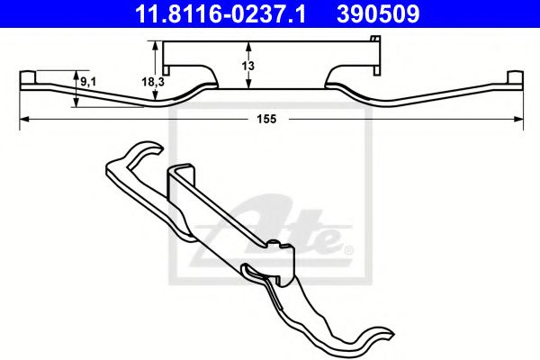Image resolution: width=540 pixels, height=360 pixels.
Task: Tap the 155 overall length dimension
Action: (x=265, y=120)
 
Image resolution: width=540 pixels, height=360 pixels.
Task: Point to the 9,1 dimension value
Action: (x=89, y=83)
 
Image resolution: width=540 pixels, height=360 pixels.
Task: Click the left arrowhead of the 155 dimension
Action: (x=23, y=119)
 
